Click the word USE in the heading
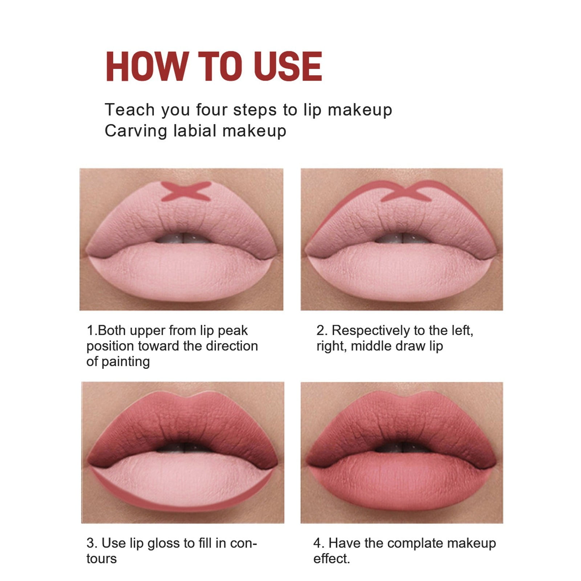pos(288,66)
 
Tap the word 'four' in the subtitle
pos(212,110)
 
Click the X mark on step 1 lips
pos(186,191)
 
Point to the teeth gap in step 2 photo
pos(402,238)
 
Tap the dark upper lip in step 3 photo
pos(182,425)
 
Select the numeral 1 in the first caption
pos(90,330)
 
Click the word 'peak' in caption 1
pos(232,331)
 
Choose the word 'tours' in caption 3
pos(101,559)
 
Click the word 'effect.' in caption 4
pos(331,559)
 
